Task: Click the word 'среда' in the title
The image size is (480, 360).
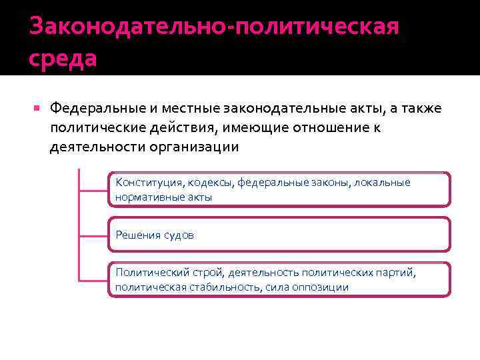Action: click(63, 58)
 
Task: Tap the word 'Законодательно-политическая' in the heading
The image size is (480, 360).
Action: click(214, 27)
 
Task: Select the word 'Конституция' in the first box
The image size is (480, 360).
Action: click(149, 183)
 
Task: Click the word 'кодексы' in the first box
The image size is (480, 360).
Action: click(211, 183)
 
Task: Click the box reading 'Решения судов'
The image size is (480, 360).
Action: click(279, 235)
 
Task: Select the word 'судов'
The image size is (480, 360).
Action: click(179, 235)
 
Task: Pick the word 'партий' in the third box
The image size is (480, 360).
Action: click(397, 273)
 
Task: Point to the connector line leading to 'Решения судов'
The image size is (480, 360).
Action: click(93, 235)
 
